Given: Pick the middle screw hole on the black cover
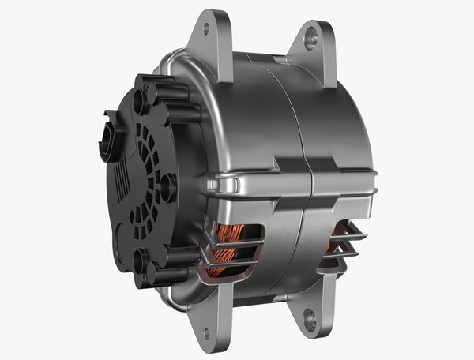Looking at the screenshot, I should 168,182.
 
